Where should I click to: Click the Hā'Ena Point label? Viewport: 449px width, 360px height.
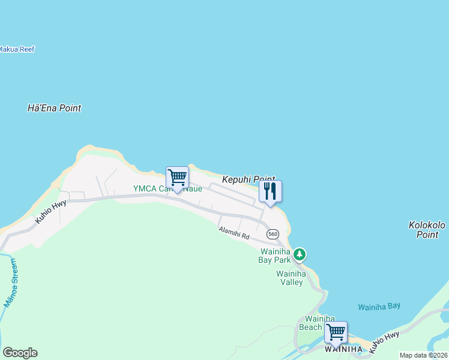tap(54, 109)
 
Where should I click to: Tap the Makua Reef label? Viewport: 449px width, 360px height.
tap(17, 49)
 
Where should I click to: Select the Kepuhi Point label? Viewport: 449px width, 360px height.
tap(248, 179)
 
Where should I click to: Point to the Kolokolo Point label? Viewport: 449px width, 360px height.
tap(427, 230)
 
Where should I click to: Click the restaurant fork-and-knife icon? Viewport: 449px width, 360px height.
tap(270, 191)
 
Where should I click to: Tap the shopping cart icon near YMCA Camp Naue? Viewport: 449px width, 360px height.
tap(177, 178)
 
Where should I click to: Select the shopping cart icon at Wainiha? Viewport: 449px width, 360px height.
tap(336, 332)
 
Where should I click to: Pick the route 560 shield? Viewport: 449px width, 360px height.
tap(273, 233)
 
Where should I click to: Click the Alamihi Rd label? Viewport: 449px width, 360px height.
tap(234, 233)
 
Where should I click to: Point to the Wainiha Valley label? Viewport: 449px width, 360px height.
tap(291, 278)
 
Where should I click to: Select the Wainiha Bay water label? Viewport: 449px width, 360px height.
tap(379, 307)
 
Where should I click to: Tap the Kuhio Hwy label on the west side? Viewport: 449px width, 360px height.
tap(50, 213)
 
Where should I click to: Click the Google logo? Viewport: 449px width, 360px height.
tap(20, 353)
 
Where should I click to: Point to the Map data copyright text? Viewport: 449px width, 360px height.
tap(423, 355)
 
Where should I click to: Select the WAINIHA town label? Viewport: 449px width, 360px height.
tap(343, 349)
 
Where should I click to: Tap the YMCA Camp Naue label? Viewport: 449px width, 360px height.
tap(167, 188)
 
